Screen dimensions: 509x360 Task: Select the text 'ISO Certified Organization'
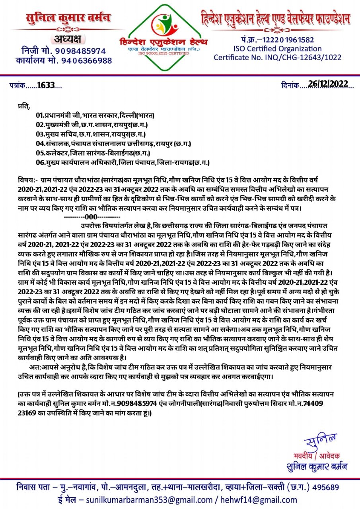[x=278, y=49]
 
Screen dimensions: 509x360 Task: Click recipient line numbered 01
[x=95, y=116]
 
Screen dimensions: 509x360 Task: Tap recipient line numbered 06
[x=123, y=162]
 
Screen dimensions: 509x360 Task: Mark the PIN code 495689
[x=326, y=487]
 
